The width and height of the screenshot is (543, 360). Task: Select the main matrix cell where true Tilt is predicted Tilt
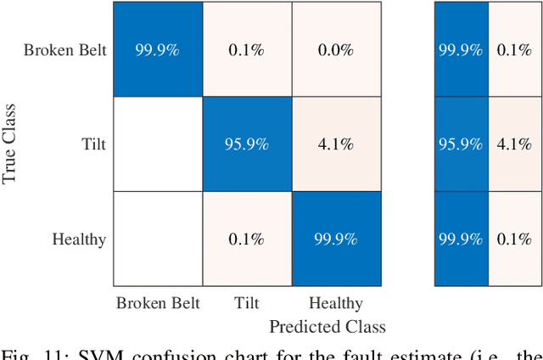coord(247,143)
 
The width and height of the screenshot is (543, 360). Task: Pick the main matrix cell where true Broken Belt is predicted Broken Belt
coord(158,49)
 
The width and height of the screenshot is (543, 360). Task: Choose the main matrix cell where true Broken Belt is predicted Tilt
coord(247,49)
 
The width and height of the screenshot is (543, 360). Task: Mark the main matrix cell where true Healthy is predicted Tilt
coord(247,239)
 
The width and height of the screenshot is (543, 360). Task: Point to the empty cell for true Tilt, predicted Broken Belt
coord(158,143)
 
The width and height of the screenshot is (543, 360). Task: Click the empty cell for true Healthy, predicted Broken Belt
coord(158,239)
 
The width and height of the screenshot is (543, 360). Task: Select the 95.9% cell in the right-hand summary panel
coord(461,143)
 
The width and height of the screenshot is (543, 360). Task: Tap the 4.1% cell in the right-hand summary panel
coord(514,143)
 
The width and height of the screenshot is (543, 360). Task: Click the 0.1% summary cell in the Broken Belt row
coord(514,49)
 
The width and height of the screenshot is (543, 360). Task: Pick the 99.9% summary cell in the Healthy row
coord(461,239)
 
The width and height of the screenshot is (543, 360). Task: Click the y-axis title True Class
coord(10,143)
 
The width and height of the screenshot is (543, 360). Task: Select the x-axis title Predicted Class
coord(327,326)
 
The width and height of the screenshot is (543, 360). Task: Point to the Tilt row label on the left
coord(93,144)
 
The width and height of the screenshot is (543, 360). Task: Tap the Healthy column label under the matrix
coord(336,303)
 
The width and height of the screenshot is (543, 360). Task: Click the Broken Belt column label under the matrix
coord(158,303)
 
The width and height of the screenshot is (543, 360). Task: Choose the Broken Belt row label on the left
coord(65,49)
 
